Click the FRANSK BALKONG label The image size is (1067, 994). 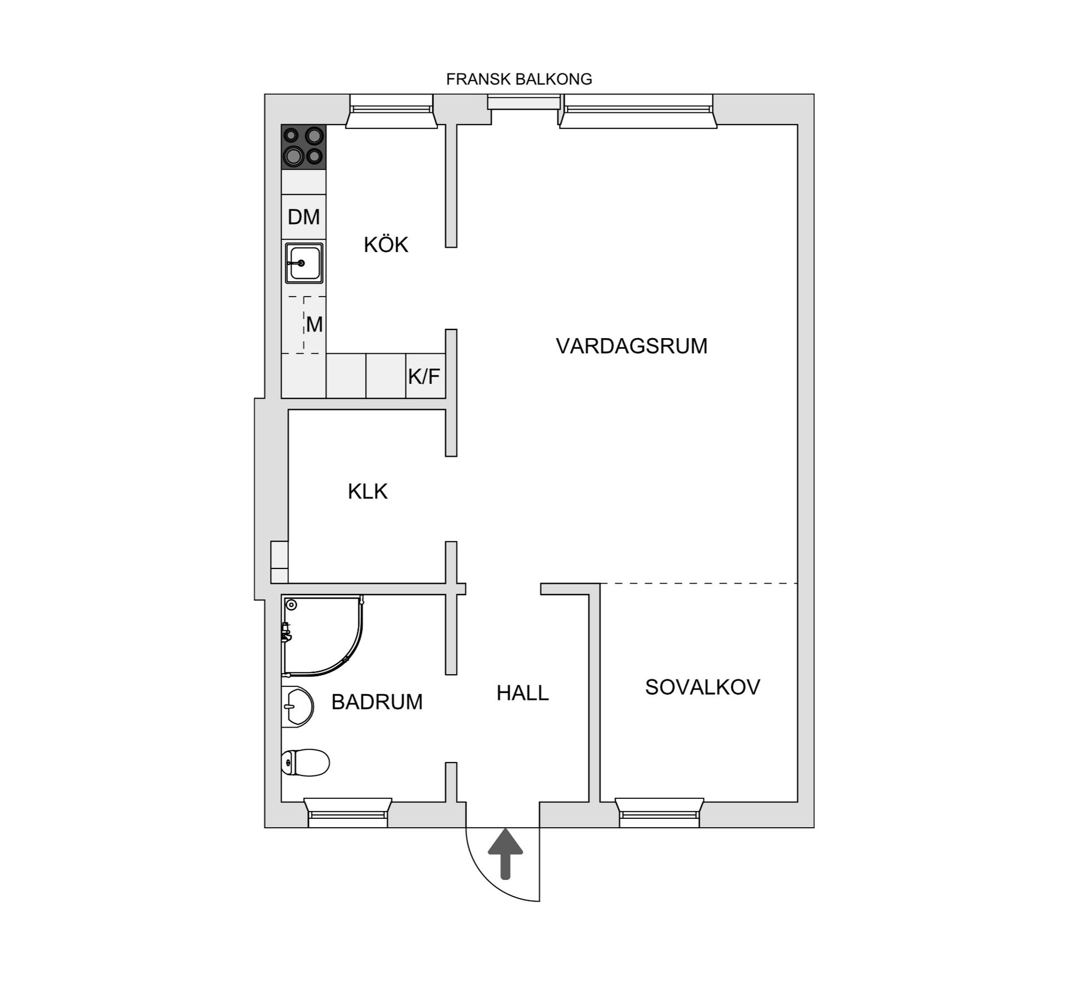pos(519,80)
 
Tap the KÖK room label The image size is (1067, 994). pos(386,245)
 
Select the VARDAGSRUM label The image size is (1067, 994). pos(631,346)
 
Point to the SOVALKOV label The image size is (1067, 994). pos(702,688)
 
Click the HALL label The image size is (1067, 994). pos(522,693)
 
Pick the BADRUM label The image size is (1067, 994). pos(377,702)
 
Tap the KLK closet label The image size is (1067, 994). pos(367,492)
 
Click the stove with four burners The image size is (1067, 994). pos(303,147)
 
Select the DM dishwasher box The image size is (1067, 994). pos(303,217)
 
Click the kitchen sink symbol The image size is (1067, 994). pos(304,263)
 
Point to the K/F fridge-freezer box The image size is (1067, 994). pos(425,377)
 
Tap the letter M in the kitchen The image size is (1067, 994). pos(315,325)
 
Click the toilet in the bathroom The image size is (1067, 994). pos(306,762)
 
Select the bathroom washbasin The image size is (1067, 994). pos(298,706)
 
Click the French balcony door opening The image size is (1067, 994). pos(524,103)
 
